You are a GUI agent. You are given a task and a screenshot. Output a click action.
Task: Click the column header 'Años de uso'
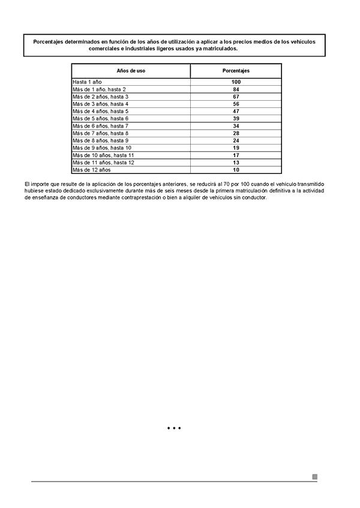130,71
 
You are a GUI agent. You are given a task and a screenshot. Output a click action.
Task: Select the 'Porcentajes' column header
236,71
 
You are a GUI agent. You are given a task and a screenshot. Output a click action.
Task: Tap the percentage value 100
236,82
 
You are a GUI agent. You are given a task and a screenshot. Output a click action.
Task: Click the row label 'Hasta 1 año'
88,82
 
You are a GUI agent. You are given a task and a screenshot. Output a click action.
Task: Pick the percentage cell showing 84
236,89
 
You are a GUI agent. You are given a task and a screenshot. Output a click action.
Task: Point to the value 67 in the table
236,97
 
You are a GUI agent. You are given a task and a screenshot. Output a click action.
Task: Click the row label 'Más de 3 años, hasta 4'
100,104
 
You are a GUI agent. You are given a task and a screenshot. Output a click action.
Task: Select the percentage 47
236,111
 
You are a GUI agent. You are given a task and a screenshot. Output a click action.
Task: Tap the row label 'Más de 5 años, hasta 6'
100,119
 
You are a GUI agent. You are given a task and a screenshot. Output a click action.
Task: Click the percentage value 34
236,126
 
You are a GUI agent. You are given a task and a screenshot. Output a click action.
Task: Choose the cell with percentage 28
236,133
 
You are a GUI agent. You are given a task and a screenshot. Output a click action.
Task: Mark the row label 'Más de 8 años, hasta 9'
100,140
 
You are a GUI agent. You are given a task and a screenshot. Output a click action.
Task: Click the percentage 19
236,148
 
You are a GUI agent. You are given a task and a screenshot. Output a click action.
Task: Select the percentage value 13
236,163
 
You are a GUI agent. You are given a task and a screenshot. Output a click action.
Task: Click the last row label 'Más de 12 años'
92,170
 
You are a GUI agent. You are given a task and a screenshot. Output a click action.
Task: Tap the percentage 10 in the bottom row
236,170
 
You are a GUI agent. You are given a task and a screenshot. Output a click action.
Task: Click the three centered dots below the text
174,428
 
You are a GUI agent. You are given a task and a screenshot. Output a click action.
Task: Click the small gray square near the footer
314,477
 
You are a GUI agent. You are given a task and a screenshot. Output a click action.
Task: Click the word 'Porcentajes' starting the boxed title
50,41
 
